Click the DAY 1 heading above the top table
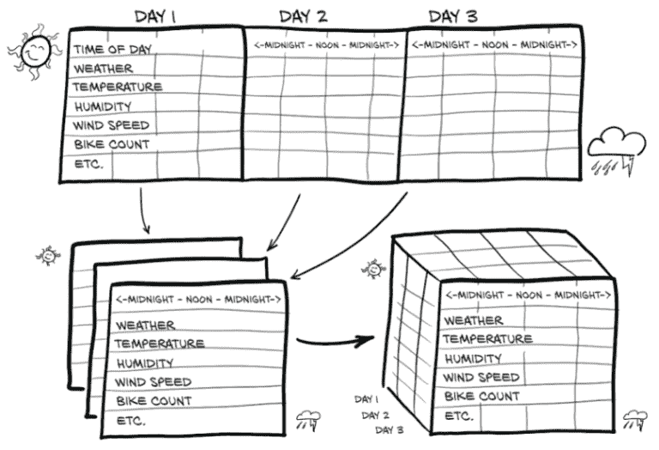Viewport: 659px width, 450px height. click(x=156, y=15)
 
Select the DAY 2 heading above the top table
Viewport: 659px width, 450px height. click(x=302, y=15)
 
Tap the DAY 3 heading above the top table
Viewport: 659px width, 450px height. click(x=452, y=15)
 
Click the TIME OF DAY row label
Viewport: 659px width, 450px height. click(x=112, y=49)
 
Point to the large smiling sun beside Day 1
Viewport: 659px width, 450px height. click(x=35, y=53)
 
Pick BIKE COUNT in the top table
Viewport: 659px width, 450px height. click(x=112, y=144)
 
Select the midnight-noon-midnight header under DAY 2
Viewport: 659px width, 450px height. click(x=326, y=44)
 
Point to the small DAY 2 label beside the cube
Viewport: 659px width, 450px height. click(x=375, y=415)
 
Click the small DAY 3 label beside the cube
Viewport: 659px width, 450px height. click(x=390, y=429)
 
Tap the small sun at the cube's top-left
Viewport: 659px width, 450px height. click(x=373, y=270)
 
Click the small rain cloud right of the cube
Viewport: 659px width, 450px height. click(x=636, y=420)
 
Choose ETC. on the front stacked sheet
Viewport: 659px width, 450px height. click(x=130, y=421)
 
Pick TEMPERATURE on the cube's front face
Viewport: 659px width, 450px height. click(x=487, y=339)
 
